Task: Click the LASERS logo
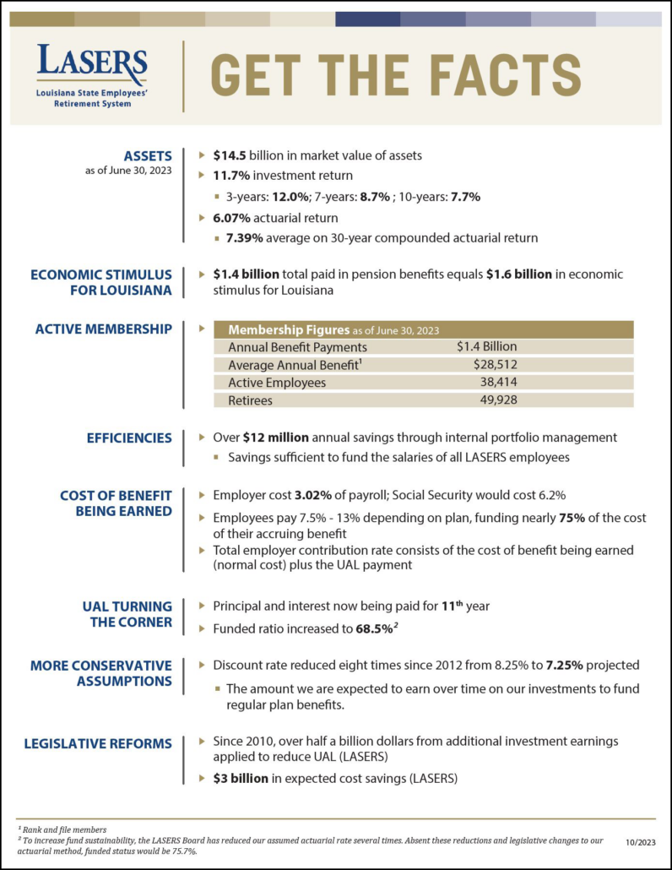point(91,75)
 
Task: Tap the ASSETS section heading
point(148,155)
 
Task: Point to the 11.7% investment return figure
point(232,176)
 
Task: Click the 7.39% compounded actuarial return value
point(245,238)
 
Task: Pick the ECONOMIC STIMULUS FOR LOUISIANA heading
point(101,282)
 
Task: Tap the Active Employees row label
point(276,383)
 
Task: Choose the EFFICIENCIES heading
point(129,438)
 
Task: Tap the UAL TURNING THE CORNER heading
point(127,614)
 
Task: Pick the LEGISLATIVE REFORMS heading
point(98,743)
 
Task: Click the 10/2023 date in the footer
point(641,843)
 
